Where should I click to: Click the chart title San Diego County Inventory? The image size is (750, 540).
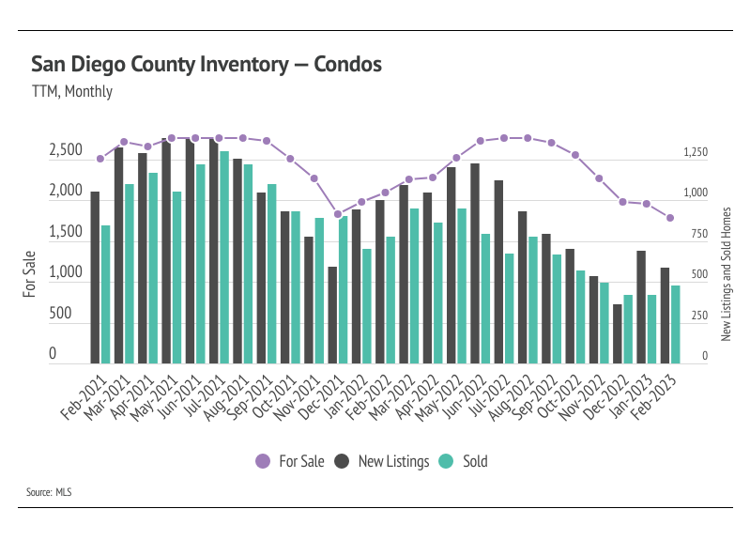[207, 65]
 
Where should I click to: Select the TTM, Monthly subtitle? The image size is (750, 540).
[71, 92]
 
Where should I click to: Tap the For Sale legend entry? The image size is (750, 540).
[291, 461]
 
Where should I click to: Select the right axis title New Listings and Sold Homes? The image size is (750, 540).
[726, 274]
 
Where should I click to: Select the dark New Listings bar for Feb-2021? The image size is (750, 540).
[95, 278]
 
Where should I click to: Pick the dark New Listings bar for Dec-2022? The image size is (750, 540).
[618, 333]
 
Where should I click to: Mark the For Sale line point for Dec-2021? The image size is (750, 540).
[338, 214]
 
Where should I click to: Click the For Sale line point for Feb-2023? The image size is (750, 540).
[670, 218]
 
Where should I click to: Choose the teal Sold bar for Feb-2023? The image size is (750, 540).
[676, 325]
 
